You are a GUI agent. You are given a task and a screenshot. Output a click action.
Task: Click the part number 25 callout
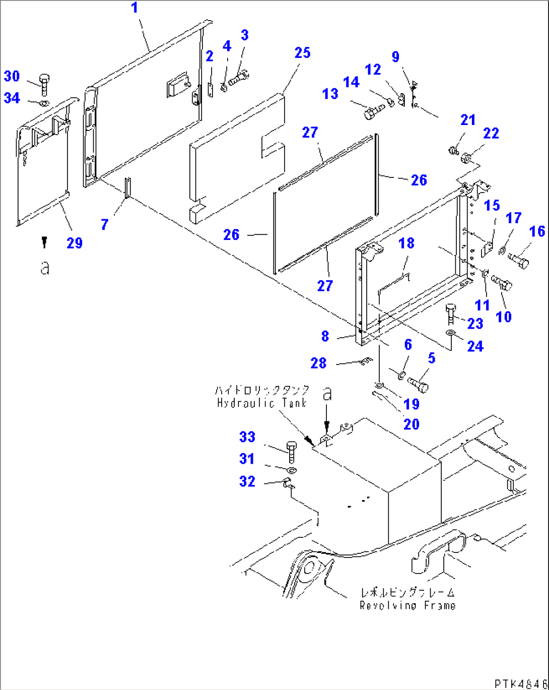coord(302,53)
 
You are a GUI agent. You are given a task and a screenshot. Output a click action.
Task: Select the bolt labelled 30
coord(44,84)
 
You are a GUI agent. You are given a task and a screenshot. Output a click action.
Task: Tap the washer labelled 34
coord(44,103)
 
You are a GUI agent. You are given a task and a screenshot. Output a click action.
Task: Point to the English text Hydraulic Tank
coord(261,403)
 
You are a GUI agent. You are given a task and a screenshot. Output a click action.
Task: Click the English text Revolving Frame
coord(407,605)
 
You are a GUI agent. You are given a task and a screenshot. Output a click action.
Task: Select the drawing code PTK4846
coord(520,683)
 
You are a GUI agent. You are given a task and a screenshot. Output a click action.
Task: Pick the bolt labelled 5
coord(419,384)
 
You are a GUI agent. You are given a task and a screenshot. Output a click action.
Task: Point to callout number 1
coord(134,9)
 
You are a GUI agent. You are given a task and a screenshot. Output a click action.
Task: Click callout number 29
coord(75,243)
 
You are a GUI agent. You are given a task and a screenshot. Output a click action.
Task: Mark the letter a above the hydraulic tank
coord(327,394)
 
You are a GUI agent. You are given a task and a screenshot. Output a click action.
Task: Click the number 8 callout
coord(325,336)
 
